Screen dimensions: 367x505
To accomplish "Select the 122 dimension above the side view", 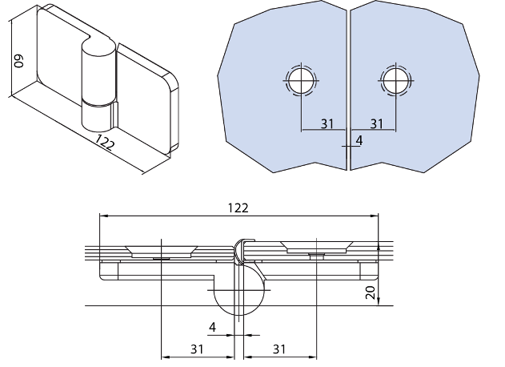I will click(x=238, y=208).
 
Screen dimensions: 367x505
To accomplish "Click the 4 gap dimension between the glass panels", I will click(x=359, y=140).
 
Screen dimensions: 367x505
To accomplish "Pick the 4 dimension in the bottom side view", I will click(x=212, y=327).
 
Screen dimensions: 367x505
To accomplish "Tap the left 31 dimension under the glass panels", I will click(x=327, y=123).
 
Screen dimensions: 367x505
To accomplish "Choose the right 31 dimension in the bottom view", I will click(x=279, y=349).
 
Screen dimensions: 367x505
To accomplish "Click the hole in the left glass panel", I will click(x=300, y=80).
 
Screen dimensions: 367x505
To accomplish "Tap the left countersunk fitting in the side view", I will click(x=162, y=251).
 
